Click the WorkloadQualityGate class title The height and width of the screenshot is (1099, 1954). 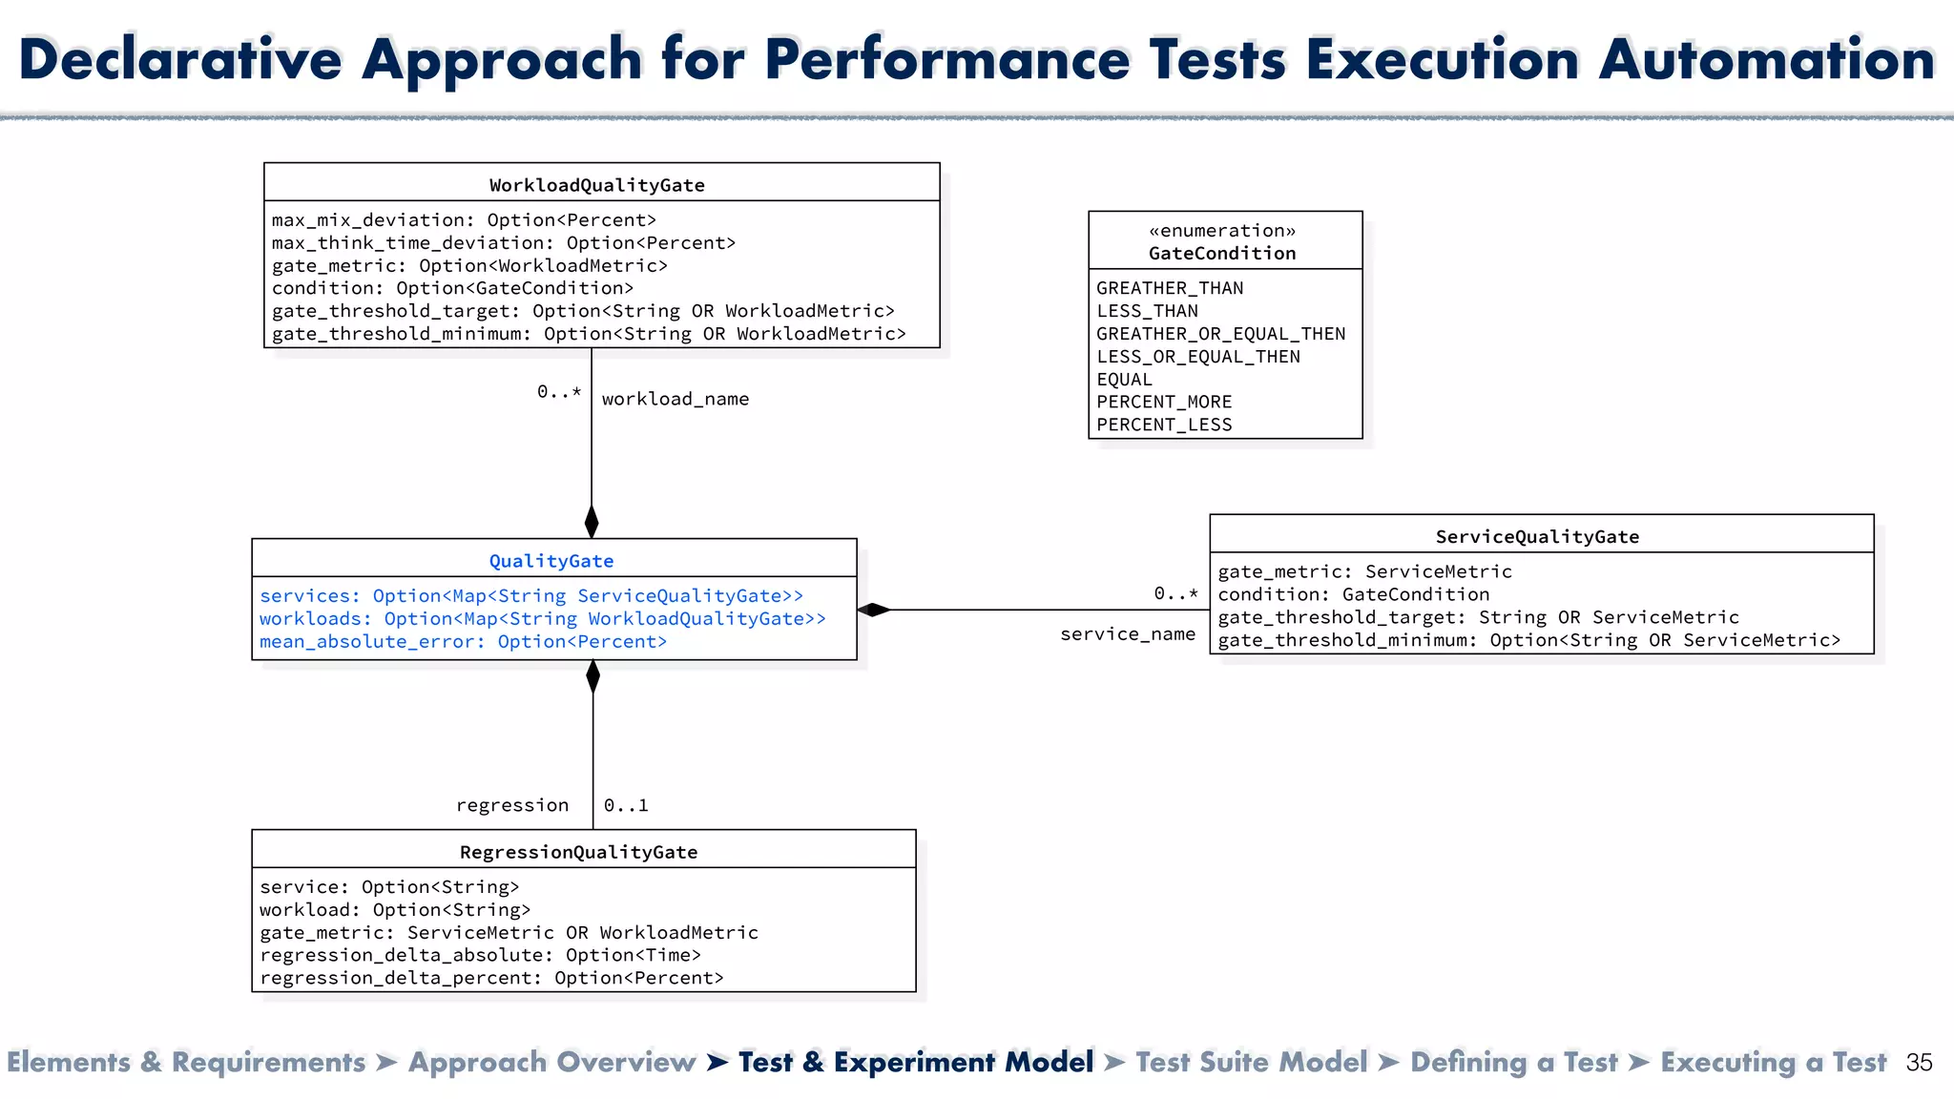point(597,185)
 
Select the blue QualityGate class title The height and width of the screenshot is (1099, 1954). point(551,561)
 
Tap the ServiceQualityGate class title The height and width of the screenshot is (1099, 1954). point(1537,536)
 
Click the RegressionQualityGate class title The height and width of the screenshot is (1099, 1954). point(578,852)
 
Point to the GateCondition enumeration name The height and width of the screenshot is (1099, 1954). point(1222,254)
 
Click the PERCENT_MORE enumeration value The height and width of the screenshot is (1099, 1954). point(1164,402)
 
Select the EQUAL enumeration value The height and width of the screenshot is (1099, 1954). point(1124,379)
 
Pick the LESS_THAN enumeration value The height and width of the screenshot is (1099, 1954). point(1147,311)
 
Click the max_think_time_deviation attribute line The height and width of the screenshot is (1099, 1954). point(504,243)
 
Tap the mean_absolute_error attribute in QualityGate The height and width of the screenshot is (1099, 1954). point(463,642)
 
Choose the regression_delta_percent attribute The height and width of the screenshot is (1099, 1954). point(491,978)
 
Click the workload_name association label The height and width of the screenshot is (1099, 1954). point(675,399)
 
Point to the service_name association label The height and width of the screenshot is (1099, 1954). point(1128,634)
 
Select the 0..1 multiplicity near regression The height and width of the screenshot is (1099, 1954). point(626,805)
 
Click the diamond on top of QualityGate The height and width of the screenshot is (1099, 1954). point(592,522)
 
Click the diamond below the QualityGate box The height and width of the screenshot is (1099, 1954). point(592,676)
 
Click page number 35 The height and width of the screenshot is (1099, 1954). point(1919,1063)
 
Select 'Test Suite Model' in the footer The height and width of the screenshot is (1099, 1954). point(1251,1062)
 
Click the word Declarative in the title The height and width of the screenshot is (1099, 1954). point(179,59)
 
